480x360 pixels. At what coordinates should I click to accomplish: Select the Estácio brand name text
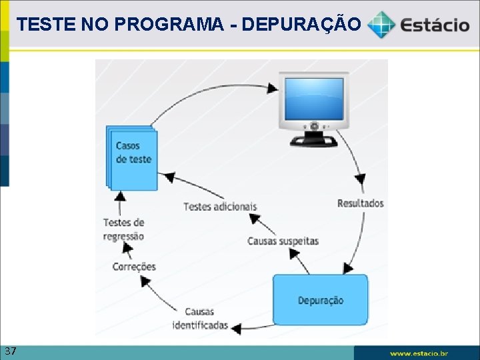pyautogui.click(x=434, y=25)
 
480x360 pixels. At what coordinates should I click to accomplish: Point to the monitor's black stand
pyautogui.click(x=313, y=138)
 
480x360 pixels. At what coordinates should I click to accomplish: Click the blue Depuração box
pyautogui.click(x=320, y=300)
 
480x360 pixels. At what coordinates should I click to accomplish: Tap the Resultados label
pyautogui.click(x=360, y=203)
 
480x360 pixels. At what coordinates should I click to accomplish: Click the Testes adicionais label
pyautogui.click(x=220, y=206)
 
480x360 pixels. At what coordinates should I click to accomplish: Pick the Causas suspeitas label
pyautogui.click(x=283, y=241)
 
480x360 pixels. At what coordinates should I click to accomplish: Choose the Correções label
pyautogui.click(x=134, y=267)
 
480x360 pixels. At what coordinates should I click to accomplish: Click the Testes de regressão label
pyautogui.click(x=124, y=229)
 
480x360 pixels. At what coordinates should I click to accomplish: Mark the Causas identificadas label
pyautogui.click(x=200, y=319)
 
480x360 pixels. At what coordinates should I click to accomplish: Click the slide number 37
pyautogui.click(x=10, y=351)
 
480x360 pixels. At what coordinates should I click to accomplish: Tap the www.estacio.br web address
pyautogui.click(x=419, y=353)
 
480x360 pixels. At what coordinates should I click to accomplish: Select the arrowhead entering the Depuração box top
pyautogui.click(x=348, y=268)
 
